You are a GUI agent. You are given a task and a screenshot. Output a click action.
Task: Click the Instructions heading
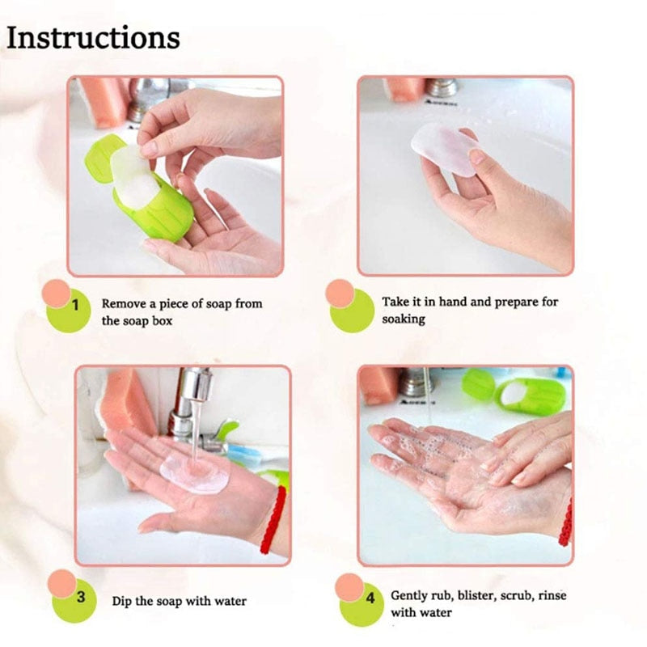tap(93, 38)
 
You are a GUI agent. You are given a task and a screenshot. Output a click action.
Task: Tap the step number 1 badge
tap(74, 307)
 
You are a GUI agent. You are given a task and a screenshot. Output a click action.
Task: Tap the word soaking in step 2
tap(404, 319)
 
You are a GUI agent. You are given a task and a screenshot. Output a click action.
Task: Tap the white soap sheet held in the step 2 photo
tap(444, 150)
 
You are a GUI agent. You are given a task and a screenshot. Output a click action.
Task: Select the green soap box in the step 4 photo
tap(530, 393)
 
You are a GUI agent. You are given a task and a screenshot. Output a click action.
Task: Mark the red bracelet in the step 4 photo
tap(566, 522)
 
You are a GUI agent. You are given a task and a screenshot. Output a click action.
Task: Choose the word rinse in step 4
tap(550, 596)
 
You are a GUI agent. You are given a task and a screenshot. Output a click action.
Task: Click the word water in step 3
tap(230, 601)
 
